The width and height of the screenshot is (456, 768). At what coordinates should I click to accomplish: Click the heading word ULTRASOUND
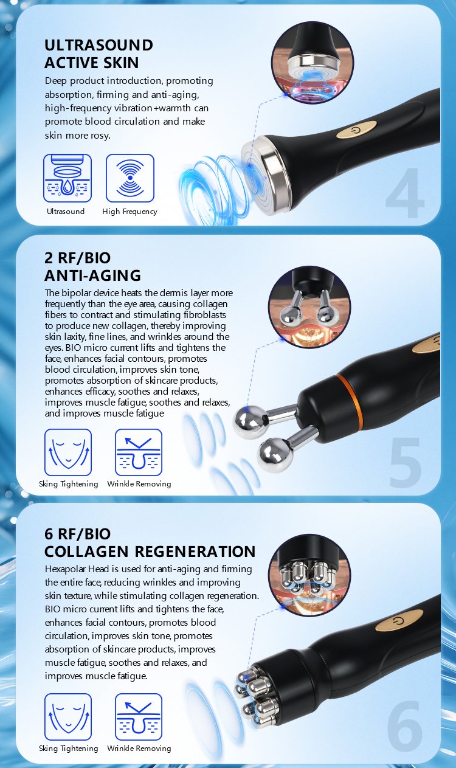98,45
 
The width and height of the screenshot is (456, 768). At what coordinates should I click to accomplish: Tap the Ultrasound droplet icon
67,178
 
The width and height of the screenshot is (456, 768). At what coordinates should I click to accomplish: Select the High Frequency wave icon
130,178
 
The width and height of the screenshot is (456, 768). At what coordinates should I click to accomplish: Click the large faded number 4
405,193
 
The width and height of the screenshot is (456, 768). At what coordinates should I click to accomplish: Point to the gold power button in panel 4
356,130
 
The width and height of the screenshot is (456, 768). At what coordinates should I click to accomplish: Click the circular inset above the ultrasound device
313,62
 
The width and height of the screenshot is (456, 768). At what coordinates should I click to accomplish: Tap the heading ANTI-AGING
92,275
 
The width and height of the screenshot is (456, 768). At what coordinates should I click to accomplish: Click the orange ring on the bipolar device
350,398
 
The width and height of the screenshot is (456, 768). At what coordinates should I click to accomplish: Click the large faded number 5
406,463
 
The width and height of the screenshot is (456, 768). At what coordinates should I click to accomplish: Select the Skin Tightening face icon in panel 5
68,452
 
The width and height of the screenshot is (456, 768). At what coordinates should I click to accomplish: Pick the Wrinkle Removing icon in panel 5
139,452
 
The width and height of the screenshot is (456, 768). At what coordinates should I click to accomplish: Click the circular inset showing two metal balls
309,307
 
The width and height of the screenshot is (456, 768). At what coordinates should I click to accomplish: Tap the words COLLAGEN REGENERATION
150,552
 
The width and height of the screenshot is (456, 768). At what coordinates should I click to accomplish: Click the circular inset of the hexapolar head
309,576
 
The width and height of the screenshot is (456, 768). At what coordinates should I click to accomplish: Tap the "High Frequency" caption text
130,212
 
